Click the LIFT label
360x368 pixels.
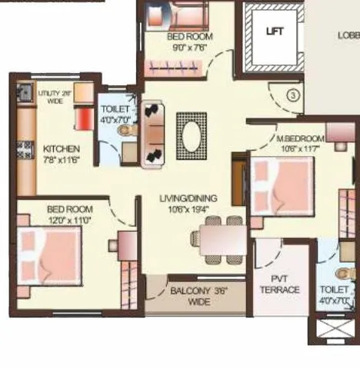click(x=274, y=31)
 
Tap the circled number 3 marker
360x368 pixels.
click(x=292, y=95)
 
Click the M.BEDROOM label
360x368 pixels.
click(x=301, y=138)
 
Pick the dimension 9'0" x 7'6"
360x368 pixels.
click(x=189, y=46)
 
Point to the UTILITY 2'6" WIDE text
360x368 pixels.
click(x=55, y=96)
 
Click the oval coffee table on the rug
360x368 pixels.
click(x=190, y=135)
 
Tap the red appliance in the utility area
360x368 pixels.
click(x=82, y=119)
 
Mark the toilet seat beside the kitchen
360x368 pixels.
click(x=125, y=132)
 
